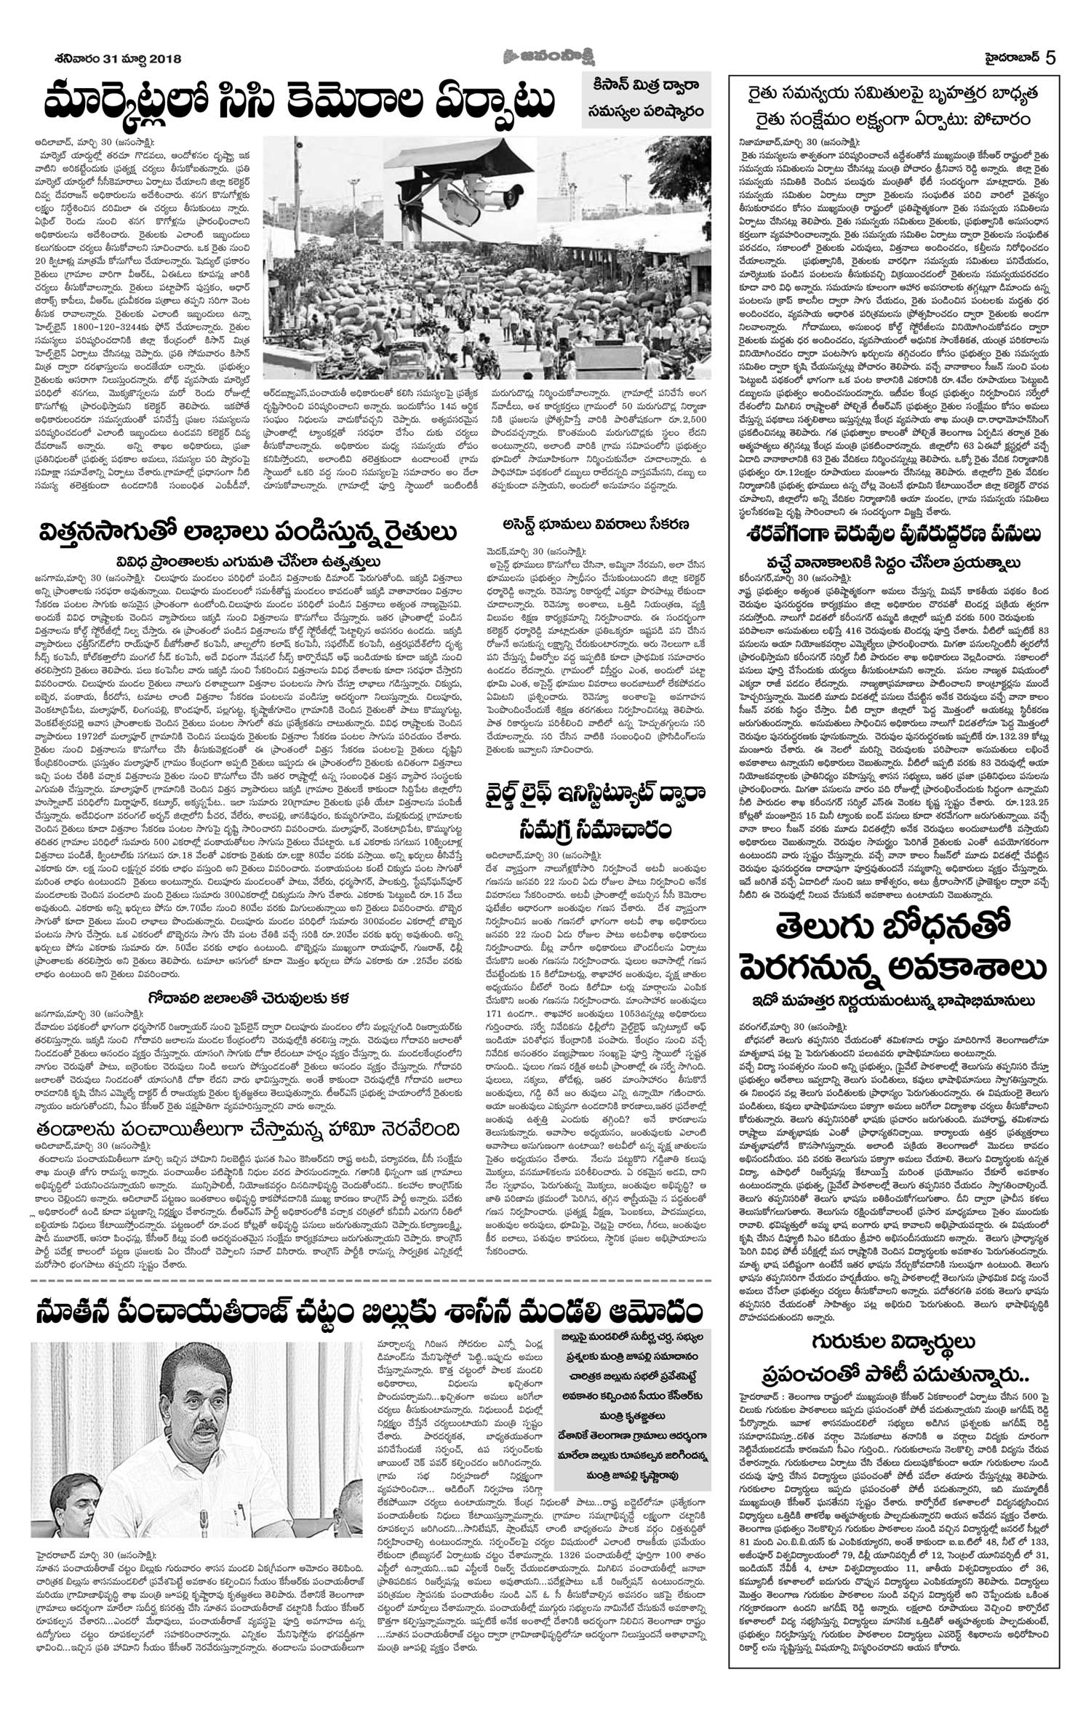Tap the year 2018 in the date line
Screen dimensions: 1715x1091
click(163, 59)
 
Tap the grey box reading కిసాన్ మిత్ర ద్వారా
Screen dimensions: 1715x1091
click(646, 86)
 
